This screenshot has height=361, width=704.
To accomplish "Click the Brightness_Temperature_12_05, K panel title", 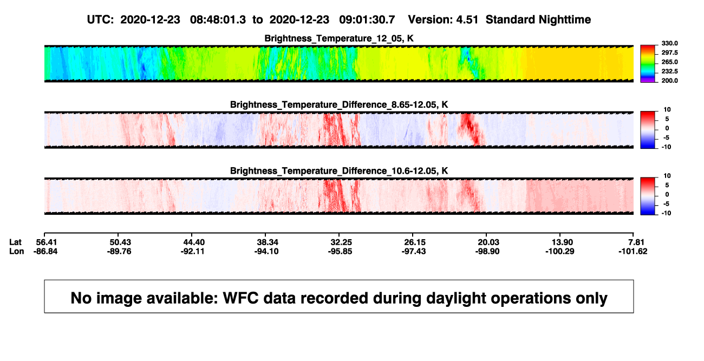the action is click(x=339, y=38).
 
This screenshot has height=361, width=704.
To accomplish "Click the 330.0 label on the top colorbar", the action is click(x=669, y=43).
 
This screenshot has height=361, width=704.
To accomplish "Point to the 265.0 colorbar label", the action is click(x=669, y=62).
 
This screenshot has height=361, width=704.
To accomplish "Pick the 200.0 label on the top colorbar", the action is click(x=669, y=81).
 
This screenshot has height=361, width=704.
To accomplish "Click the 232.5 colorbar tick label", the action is click(x=669, y=71).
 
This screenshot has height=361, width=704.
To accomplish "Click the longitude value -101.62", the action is click(x=633, y=251).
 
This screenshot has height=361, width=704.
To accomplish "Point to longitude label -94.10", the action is click(x=266, y=251).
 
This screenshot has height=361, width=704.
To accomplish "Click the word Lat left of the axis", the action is click(x=15, y=242).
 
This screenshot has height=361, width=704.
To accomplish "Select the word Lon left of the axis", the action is click(x=17, y=251).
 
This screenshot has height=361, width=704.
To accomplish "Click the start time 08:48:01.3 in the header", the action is click(x=218, y=19).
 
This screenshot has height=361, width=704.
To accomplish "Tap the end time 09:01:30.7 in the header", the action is click(x=367, y=19).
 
